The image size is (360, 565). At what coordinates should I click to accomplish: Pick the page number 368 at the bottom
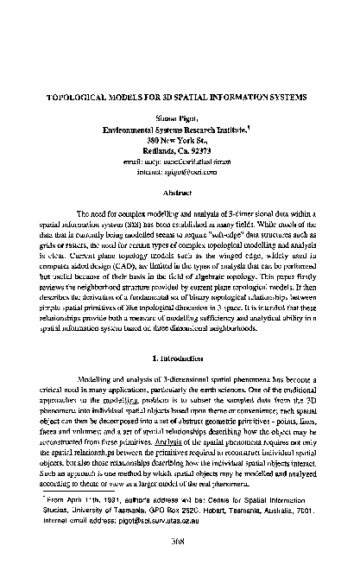click(x=180, y=547)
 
